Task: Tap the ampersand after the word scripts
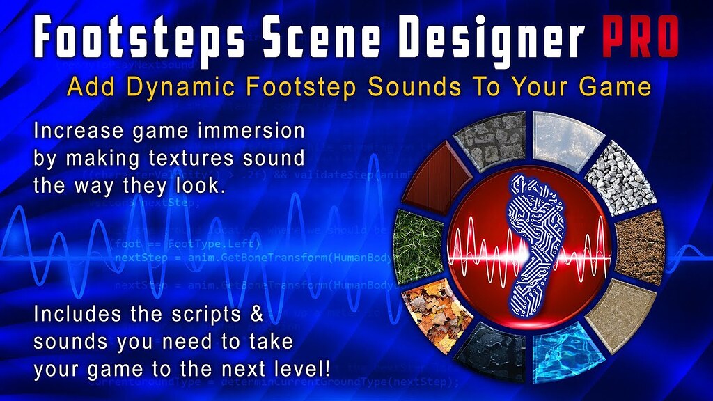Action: [x=255, y=314]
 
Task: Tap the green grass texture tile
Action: [x=417, y=237]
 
